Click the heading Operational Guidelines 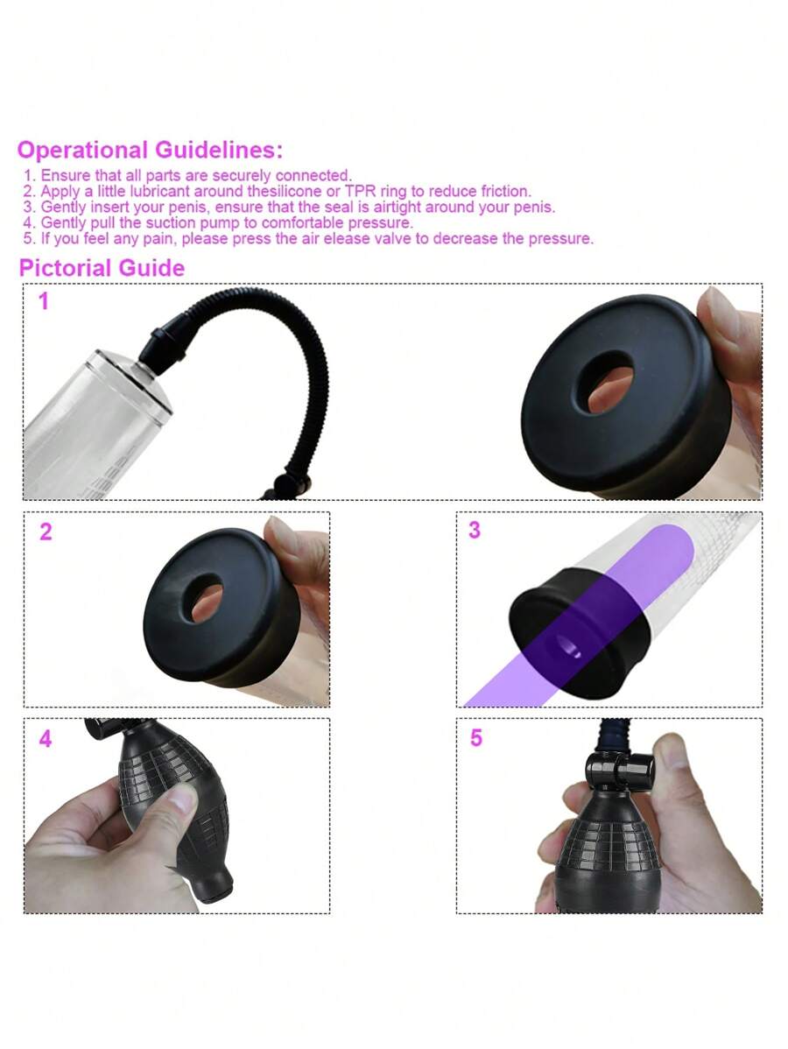[150, 150]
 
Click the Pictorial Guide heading [102, 268]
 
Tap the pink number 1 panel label [44, 301]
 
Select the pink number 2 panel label [46, 532]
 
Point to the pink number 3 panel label [475, 530]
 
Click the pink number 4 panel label [46, 738]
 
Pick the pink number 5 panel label [475, 738]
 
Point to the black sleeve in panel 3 [579, 632]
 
